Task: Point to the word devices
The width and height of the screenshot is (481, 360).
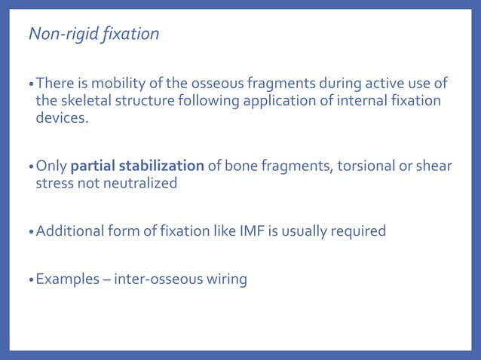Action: click(62, 118)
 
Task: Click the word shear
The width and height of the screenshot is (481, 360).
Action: click(432, 165)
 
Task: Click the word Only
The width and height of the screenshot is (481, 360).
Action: click(51, 165)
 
